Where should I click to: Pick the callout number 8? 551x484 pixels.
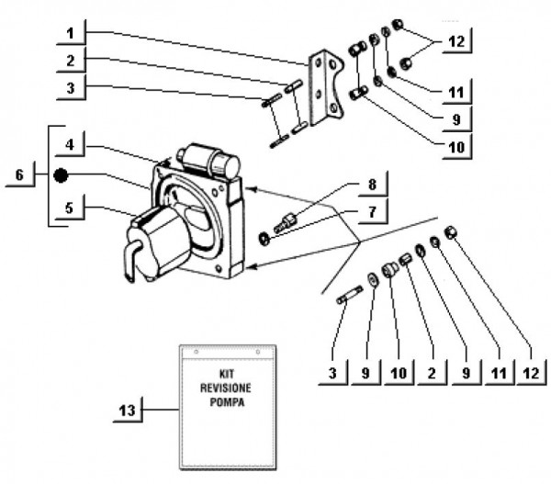371,185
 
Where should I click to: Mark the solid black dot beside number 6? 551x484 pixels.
60,175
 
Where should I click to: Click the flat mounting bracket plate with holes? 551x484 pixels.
322,87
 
